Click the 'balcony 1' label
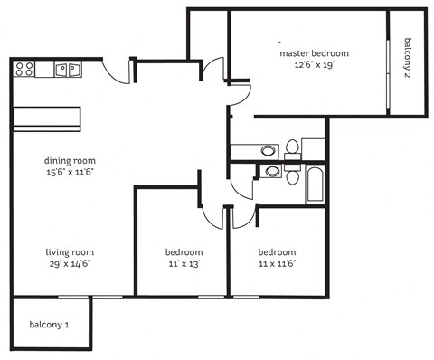[x=49, y=324]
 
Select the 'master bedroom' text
[x=313, y=53]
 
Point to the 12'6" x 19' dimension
[x=313, y=65]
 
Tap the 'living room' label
[x=70, y=251]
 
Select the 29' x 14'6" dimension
[x=70, y=263]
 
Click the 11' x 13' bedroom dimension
[x=184, y=263]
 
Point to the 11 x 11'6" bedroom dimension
[x=277, y=263]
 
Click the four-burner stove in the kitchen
[x=24, y=68]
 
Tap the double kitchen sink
[x=67, y=69]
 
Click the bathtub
[x=315, y=184]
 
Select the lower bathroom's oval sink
[x=271, y=171]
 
